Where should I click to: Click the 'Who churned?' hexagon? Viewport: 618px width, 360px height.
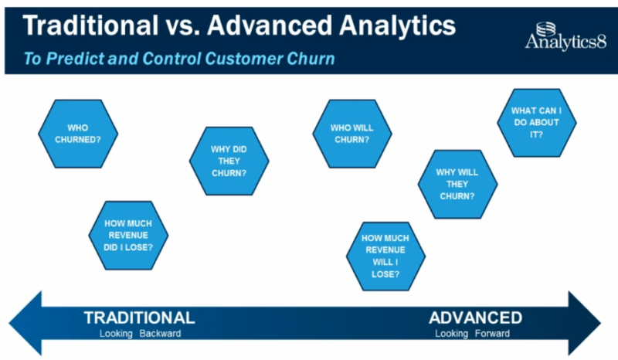[78, 133]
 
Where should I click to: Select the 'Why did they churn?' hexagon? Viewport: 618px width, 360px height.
[229, 161]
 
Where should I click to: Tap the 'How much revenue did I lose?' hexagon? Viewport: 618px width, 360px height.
[128, 236]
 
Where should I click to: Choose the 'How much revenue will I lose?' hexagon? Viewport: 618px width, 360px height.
[385, 255]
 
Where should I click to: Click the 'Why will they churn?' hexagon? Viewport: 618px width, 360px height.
[457, 184]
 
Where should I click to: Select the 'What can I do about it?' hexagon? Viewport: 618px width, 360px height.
[536, 122]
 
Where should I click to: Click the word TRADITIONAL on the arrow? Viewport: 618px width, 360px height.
[139, 318]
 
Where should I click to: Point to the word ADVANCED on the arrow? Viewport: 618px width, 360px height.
[475, 318]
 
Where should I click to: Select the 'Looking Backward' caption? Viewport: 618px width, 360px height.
[139, 335]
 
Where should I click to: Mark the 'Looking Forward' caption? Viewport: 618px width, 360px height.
[474, 335]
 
